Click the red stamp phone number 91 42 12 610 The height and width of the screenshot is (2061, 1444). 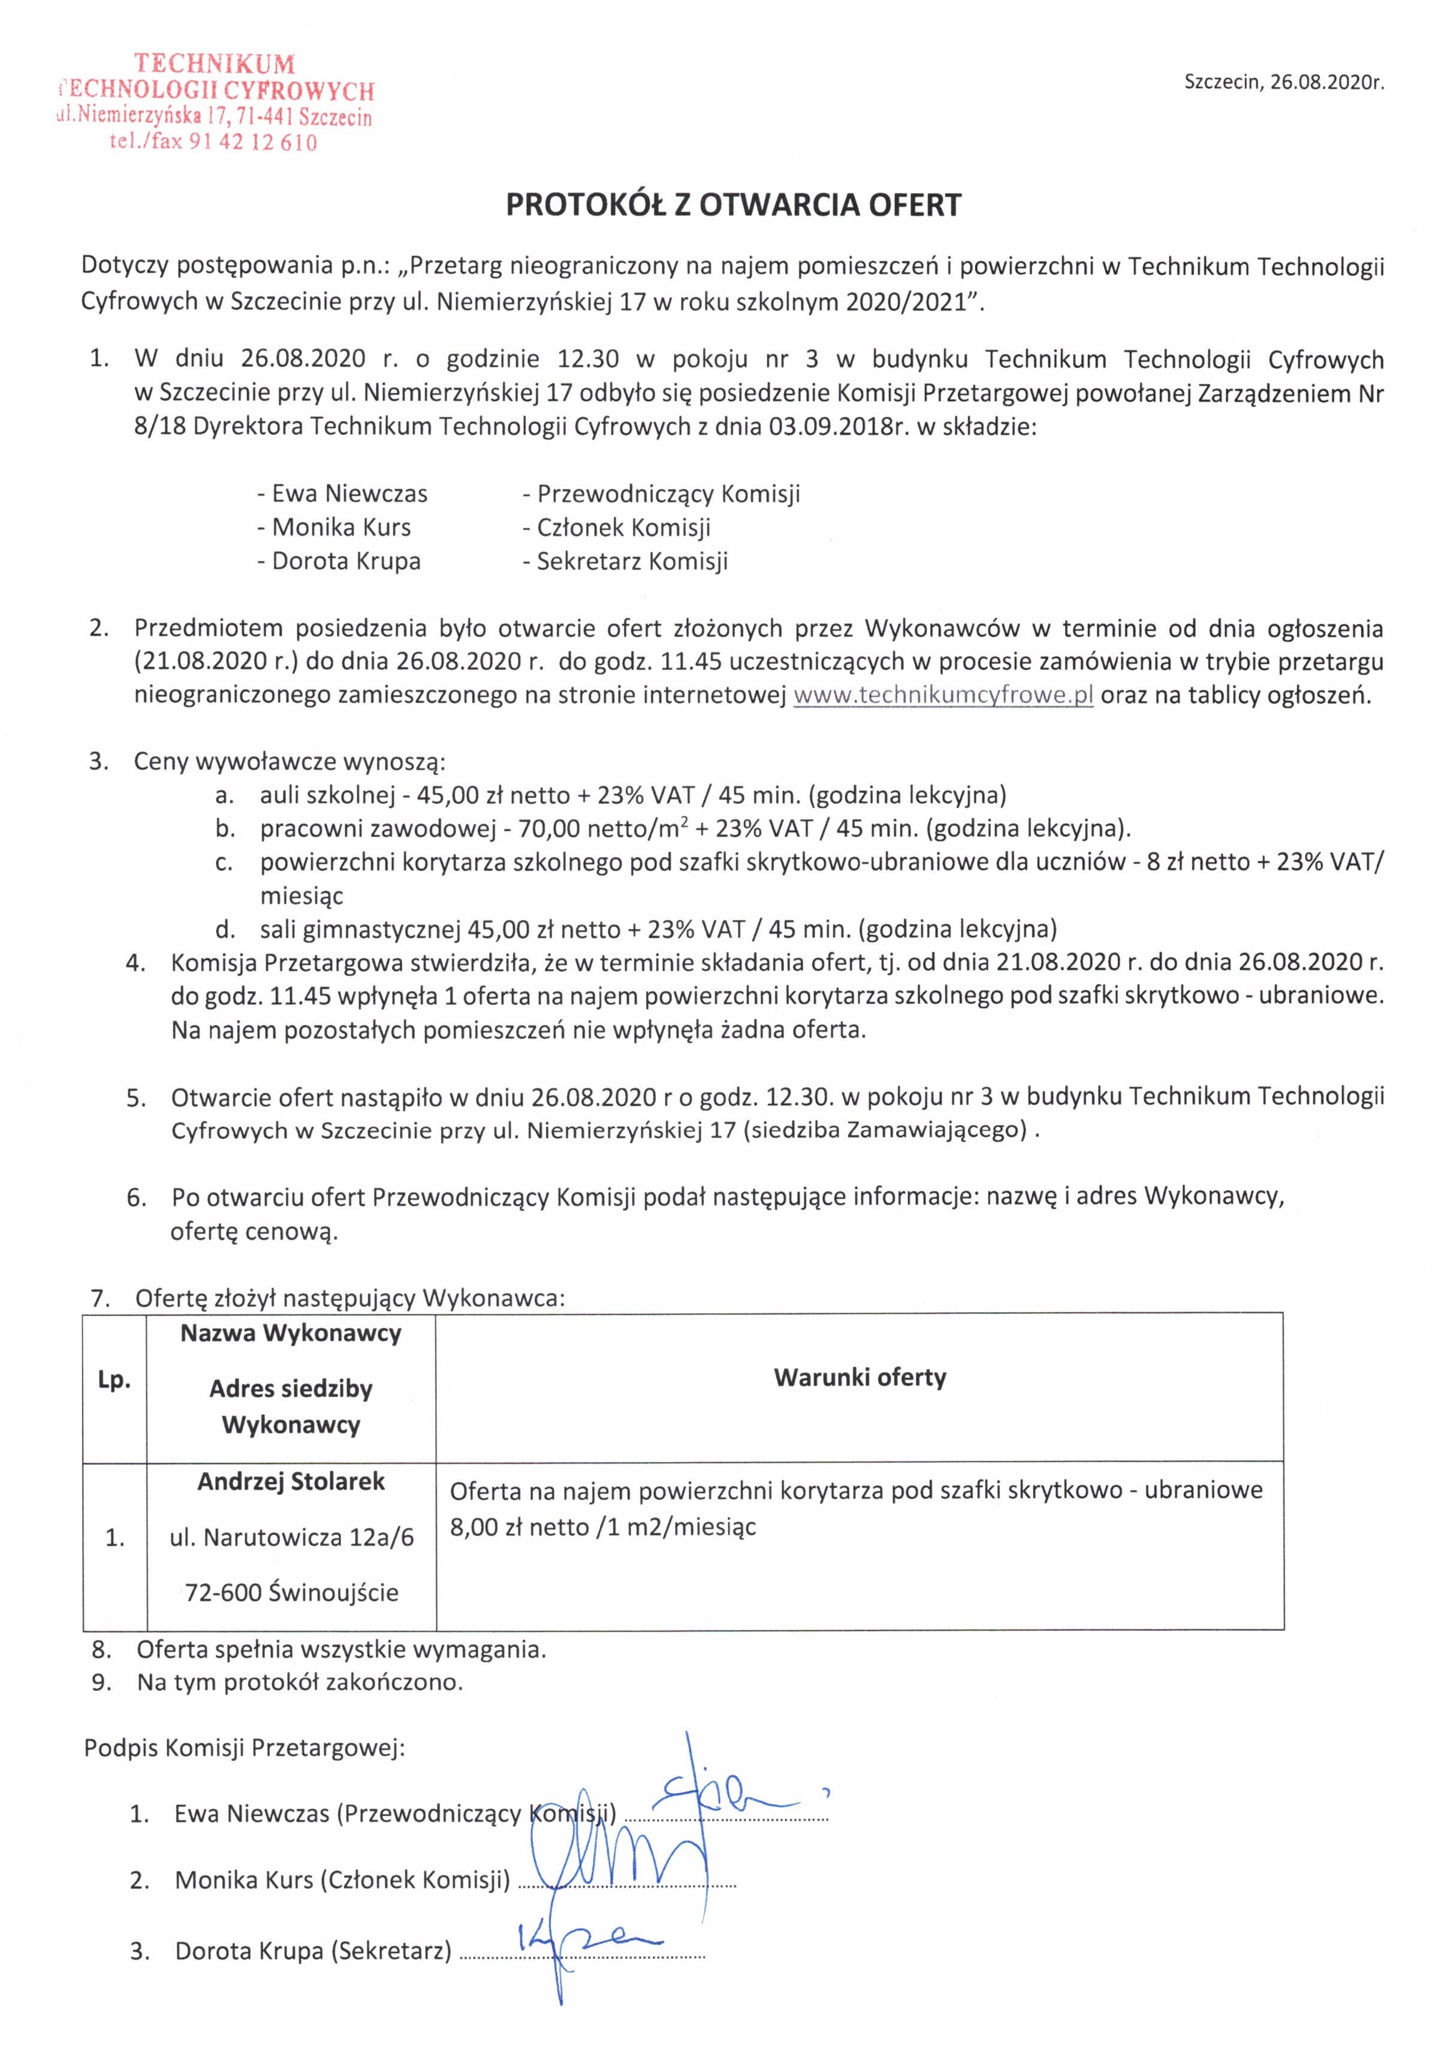pos(253,143)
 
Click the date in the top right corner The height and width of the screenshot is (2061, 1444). pos(1284,83)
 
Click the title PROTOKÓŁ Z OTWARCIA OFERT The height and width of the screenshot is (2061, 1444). pos(732,206)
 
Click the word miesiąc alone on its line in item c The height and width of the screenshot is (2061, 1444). pos(302,895)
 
